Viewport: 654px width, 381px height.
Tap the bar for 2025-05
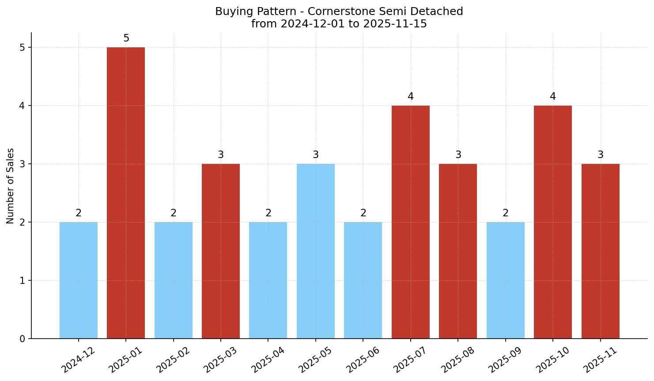316,251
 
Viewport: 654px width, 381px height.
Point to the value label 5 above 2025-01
126,38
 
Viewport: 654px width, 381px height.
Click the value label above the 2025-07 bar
411,97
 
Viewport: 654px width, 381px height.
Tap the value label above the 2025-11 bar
601,155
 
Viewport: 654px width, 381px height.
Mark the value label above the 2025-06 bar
363,213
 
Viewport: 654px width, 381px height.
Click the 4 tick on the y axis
22,106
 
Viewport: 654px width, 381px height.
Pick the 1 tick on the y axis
22,281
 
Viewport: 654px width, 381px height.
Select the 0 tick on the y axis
22,339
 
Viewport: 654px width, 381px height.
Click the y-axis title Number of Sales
11,186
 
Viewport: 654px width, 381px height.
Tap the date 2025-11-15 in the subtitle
395,24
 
